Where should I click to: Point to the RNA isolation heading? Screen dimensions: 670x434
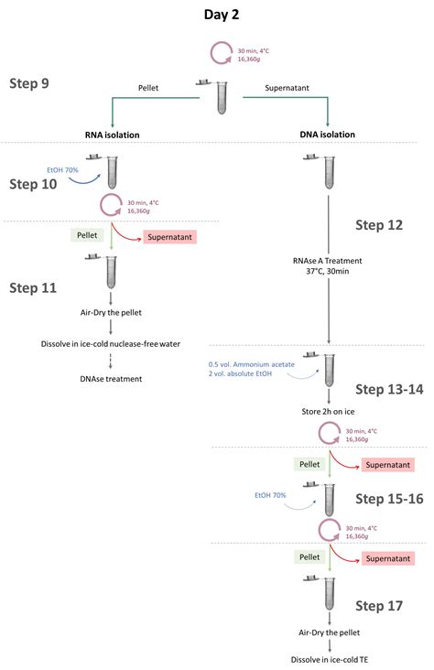tap(112, 135)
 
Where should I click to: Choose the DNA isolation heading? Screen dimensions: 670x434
tap(327, 135)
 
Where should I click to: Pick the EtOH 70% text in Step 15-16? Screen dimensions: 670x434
tap(271, 495)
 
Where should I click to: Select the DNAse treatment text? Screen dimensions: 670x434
tap(112, 378)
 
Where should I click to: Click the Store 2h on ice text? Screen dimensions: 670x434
tap(327, 411)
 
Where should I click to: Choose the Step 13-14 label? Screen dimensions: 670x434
tap(389, 389)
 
